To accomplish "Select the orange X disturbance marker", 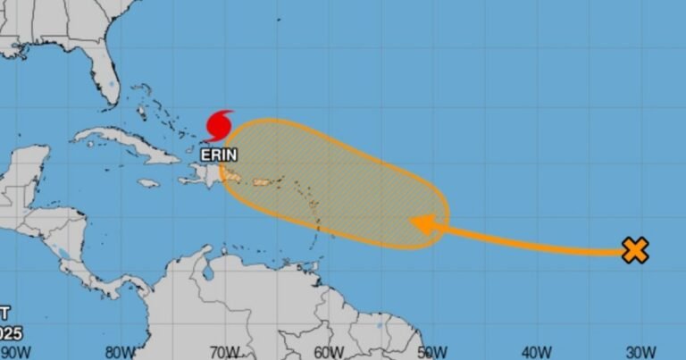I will tap(634, 251).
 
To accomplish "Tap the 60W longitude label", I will tap(329, 352).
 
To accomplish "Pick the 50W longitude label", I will tap(432, 352).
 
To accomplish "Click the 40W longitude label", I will tap(536, 352).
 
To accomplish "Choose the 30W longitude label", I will tap(639, 352).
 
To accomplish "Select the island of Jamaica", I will tap(148, 183).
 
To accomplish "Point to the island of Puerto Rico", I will tap(263, 183).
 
